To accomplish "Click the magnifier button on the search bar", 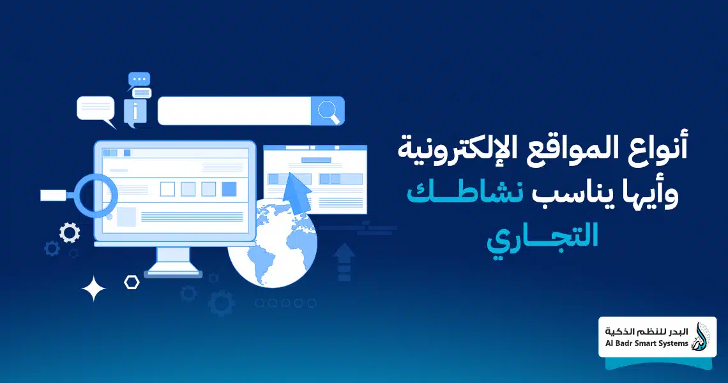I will pos(328,111).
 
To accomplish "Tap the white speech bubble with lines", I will pos(96,109).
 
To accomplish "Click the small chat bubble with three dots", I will pos(139,80).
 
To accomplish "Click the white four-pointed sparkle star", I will pos(94,289).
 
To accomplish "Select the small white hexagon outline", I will pos(132,282).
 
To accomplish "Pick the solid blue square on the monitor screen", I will pos(229,189).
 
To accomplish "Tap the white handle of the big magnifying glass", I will pos(55,195).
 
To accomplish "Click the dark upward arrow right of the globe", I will pos(344,260).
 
